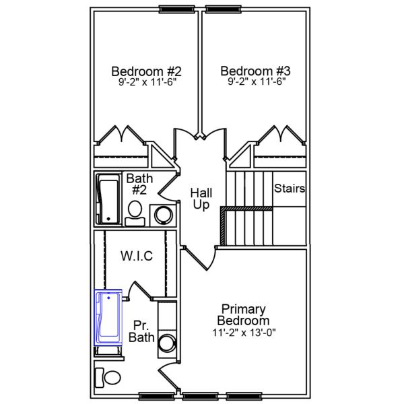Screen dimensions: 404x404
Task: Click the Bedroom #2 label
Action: tap(146, 71)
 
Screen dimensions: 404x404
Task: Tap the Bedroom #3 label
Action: tap(255, 71)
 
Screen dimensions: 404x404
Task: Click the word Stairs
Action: tap(290, 189)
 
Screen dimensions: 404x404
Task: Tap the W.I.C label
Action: tap(137, 256)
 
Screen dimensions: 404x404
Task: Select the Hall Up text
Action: tap(201, 198)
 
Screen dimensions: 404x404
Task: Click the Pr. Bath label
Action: tap(141, 330)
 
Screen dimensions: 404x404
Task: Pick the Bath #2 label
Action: tap(140, 184)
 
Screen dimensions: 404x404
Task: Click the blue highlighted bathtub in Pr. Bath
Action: tap(108, 317)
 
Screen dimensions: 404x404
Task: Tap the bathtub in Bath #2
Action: tap(108, 199)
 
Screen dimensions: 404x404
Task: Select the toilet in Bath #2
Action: tap(135, 210)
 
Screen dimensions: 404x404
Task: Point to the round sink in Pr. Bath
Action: tap(166, 345)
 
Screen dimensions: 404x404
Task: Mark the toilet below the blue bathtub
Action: tap(106, 378)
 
